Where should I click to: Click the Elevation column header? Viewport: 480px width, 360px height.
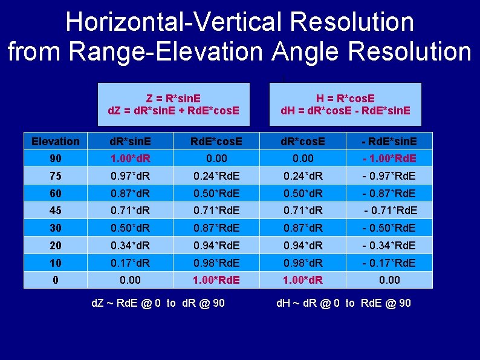pos(55,142)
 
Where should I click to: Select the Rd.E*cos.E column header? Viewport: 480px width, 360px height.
pos(216,142)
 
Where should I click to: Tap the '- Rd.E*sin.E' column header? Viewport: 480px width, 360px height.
pos(389,142)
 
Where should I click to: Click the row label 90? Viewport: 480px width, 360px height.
pos(55,159)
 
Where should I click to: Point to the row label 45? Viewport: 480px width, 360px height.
pos(55,211)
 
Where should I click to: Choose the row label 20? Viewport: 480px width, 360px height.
pos(55,245)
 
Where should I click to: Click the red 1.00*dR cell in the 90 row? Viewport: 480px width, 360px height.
pos(131,159)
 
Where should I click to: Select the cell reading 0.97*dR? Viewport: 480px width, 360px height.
pos(131,176)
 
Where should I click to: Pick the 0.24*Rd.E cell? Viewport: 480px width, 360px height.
pos(216,176)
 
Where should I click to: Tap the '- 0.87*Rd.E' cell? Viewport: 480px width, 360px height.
pos(389,194)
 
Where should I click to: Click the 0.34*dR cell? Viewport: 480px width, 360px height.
pos(131,245)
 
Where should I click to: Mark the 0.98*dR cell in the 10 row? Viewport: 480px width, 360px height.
pos(302,263)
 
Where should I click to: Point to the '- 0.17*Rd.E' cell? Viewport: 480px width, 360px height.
pos(389,263)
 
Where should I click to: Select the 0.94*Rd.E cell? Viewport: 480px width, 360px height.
pos(216,245)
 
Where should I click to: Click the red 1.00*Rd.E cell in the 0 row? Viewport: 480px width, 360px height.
pos(216,280)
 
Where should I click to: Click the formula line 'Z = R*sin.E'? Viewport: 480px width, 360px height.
pos(174,99)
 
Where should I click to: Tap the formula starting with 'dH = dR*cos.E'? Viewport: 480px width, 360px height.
pos(345,111)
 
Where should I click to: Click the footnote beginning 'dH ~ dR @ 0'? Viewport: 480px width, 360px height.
pos(343,303)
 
